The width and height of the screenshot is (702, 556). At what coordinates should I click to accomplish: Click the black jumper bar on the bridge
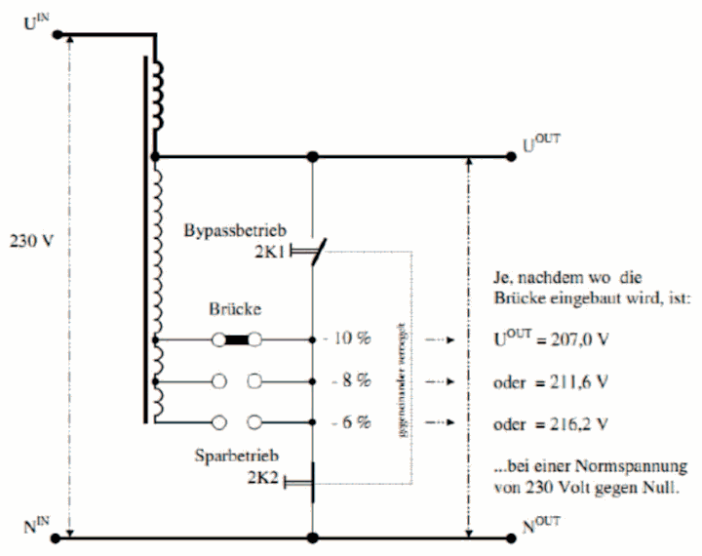coord(236,340)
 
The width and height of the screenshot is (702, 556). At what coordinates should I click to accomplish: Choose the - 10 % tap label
coord(347,340)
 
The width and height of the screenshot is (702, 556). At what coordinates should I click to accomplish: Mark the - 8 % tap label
coord(350,380)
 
